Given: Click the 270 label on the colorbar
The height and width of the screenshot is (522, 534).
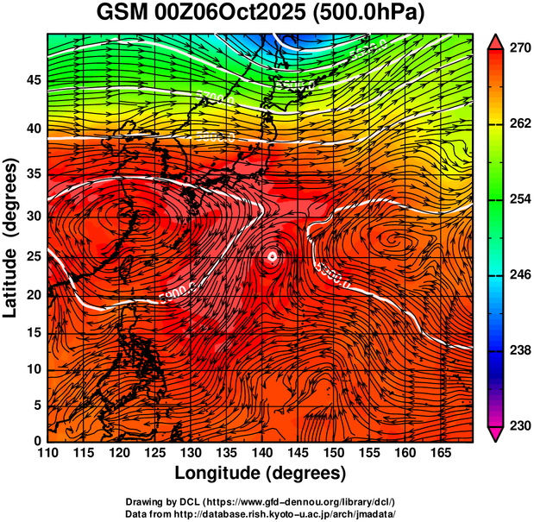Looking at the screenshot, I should coord(518,49).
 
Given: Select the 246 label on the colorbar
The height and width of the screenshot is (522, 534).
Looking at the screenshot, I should coord(518,275).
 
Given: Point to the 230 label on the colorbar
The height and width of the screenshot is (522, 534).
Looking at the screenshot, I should coord(518,426).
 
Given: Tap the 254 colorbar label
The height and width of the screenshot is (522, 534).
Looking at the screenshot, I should coord(518,200).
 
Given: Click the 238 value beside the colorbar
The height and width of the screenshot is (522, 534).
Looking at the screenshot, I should coord(518,351).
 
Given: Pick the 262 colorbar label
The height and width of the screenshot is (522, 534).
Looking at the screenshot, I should coord(518,124).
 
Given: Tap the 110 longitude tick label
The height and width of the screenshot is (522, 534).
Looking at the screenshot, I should coord(48,453).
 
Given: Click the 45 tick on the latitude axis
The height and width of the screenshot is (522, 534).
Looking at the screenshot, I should coord(33,80).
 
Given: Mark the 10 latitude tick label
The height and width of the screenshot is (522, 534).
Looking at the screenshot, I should coord(33,369).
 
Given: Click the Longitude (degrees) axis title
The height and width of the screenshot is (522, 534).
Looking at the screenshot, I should coord(261,474).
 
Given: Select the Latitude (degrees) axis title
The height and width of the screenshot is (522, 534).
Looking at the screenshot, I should coord(12,237).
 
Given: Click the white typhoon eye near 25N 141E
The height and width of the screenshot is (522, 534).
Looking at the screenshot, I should coord(272,256).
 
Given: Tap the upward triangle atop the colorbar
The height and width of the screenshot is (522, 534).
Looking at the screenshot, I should coord(496,41).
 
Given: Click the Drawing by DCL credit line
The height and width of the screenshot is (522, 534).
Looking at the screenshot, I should coord(260,501).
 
